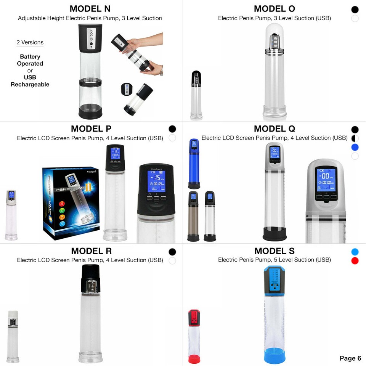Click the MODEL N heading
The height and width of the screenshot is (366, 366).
point(90,9)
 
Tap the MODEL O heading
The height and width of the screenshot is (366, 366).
point(274,9)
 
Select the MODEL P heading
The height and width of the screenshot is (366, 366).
point(91,128)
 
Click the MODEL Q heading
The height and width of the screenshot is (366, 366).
point(274,128)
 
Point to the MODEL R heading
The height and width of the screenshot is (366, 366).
point(91,251)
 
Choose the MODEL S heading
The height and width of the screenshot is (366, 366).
point(274,251)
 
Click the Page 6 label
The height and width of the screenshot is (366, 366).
point(350,358)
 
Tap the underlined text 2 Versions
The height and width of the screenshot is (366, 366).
point(30,42)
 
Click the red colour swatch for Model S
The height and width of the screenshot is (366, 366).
point(355,261)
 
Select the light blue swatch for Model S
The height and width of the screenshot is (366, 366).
point(355,252)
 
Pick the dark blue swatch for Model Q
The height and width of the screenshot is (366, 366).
point(355,147)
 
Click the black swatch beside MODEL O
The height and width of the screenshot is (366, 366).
point(355,10)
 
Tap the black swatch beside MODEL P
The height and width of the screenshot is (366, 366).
point(172,129)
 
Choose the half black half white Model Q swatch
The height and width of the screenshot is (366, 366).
point(355,138)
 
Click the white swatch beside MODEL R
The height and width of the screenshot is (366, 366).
point(172,261)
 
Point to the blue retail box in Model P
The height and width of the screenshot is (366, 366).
point(71,202)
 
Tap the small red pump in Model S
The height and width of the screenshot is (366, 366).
point(194,335)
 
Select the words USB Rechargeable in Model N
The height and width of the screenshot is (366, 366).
point(30,81)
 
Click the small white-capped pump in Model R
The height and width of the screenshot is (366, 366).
point(13,335)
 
